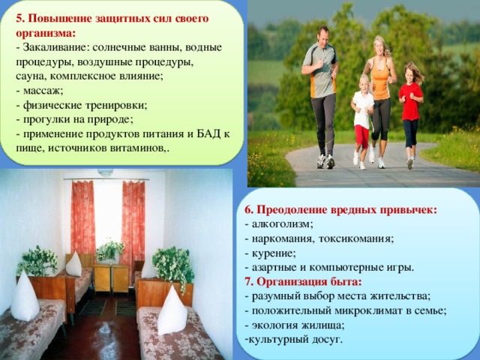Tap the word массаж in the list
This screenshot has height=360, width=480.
42,91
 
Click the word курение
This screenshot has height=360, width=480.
273,253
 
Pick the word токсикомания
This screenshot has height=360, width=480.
355,238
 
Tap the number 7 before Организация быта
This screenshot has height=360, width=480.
248,282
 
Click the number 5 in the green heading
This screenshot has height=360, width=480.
19,18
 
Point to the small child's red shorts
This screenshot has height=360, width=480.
361,136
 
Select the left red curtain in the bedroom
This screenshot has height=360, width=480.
83,217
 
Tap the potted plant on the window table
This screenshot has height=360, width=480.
109,251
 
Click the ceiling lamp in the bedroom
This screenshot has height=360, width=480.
105,172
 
